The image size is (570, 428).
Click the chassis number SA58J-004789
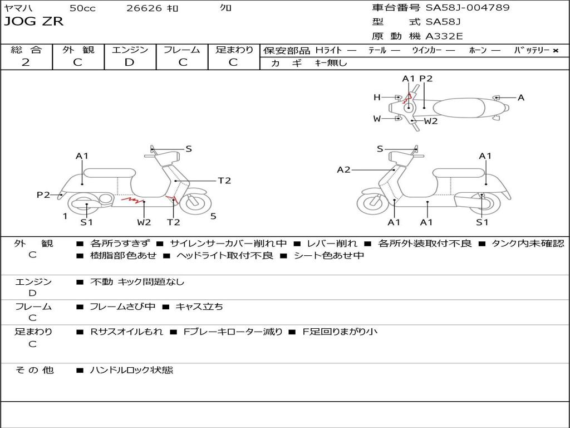(x=468, y=8)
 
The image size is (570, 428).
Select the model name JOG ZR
(x=33, y=22)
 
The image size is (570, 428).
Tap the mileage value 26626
(x=144, y=8)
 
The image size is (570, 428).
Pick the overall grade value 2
(x=26, y=62)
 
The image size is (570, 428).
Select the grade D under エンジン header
(x=129, y=62)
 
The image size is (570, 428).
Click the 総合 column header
(x=26, y=50)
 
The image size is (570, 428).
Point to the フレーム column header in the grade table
(x=182, y=50)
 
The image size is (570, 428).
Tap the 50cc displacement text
(x=82, y=8)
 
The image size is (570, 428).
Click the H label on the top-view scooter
(x=377, y=98)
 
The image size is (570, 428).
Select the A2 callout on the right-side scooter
(x=344, y=170)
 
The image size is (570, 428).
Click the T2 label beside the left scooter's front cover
(x=224, y=181)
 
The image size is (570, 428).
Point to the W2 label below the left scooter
(x=144, y=222)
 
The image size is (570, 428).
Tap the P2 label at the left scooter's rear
(x=43, y=194)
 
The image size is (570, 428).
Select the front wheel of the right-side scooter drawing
(x=372, y=205)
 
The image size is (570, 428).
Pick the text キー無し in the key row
(x=331, y=63)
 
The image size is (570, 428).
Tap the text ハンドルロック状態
(x=131, y=369)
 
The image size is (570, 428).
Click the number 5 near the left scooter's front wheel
(x=213, y=216)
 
